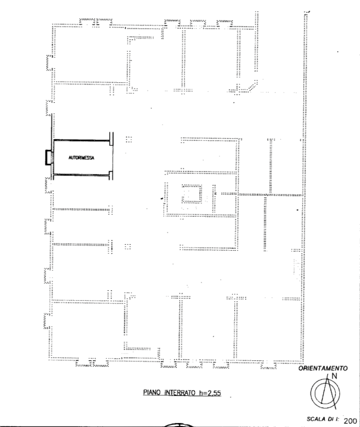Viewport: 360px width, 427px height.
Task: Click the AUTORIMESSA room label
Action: pyautogui.click(x=81, y=158)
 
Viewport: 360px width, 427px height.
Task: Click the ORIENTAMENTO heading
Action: pyautogui.click(x=323, y=369)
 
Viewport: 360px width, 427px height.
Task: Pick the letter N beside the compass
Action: pyautogui.click(x=334, y=376)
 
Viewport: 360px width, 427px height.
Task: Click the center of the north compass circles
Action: pyautogui.click(x=325, y=393)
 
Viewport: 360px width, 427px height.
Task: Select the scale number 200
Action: pyautogui.click(x=350, y=421)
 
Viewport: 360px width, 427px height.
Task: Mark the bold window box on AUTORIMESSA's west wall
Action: pyautogui.click(x=48, y=157)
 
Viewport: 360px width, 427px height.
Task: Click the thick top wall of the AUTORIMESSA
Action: pyautogui.click(x=81, y=140)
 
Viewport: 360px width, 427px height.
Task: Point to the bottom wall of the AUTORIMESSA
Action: pyautogui.click(x=81, y=175)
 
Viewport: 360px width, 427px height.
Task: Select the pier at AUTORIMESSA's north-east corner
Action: pyautogui.click(x=111, y=139)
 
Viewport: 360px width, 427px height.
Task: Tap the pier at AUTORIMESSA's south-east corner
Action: pyautogui.click(x=111, y=175)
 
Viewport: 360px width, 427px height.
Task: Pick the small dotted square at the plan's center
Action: pyautogui.click(x=192, y=193)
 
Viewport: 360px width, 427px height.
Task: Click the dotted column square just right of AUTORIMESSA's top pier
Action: pyautogui.click(x=129, y=140)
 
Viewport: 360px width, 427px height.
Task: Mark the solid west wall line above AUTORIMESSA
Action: pyautogui.click(x=52, y=127)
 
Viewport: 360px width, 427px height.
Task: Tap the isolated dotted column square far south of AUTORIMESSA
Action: pyautogui.click(x=127, y=246)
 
